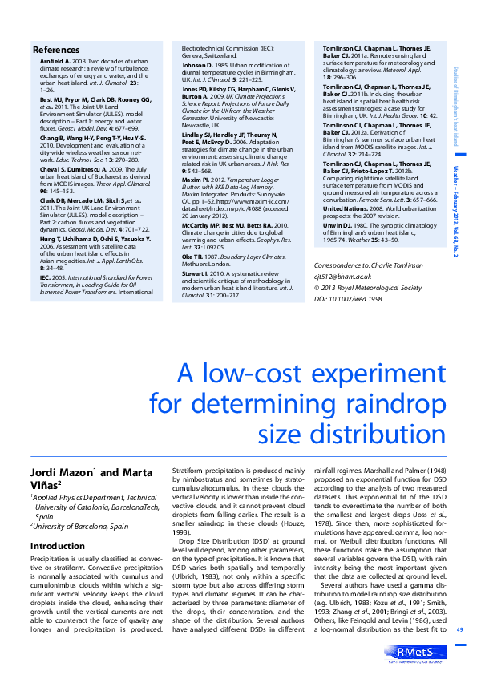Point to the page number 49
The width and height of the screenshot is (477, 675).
tap(460, 629)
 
